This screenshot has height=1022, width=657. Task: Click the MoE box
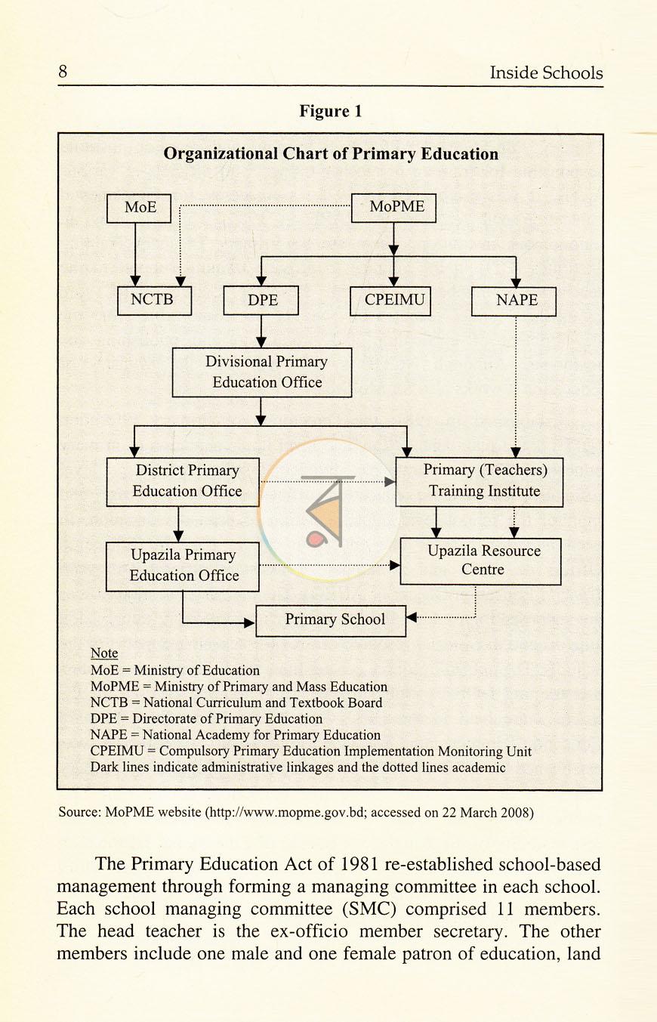tap(139, 208)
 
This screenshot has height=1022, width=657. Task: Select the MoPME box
tap(393, 208)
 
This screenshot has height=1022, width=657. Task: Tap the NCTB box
tap(154, 301)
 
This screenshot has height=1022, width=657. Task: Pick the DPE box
tap(261, 300)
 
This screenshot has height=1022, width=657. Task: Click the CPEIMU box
tap(390, 301)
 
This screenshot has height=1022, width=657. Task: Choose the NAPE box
tap(514, 301)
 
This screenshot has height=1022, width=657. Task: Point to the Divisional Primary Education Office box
tap(262, 372)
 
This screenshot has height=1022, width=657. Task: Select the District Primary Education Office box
tap(183, 482)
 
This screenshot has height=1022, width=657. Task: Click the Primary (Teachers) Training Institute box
tap(479, 482)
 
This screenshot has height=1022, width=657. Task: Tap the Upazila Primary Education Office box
tap(183, 567)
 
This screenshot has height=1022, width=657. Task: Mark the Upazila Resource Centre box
tap(481, 562)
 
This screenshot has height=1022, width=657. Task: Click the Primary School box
tap(331, 621)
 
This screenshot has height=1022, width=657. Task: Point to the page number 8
tap(63, 72)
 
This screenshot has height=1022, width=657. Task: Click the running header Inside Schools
tap(546, 73)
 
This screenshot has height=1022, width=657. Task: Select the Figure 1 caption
tap(330, 111)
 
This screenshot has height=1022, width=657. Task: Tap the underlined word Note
tap(104, 653)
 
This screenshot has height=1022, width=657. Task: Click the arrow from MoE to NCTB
tap(135, 255)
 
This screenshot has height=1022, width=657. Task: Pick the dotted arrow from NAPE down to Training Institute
tap(516, 387)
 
